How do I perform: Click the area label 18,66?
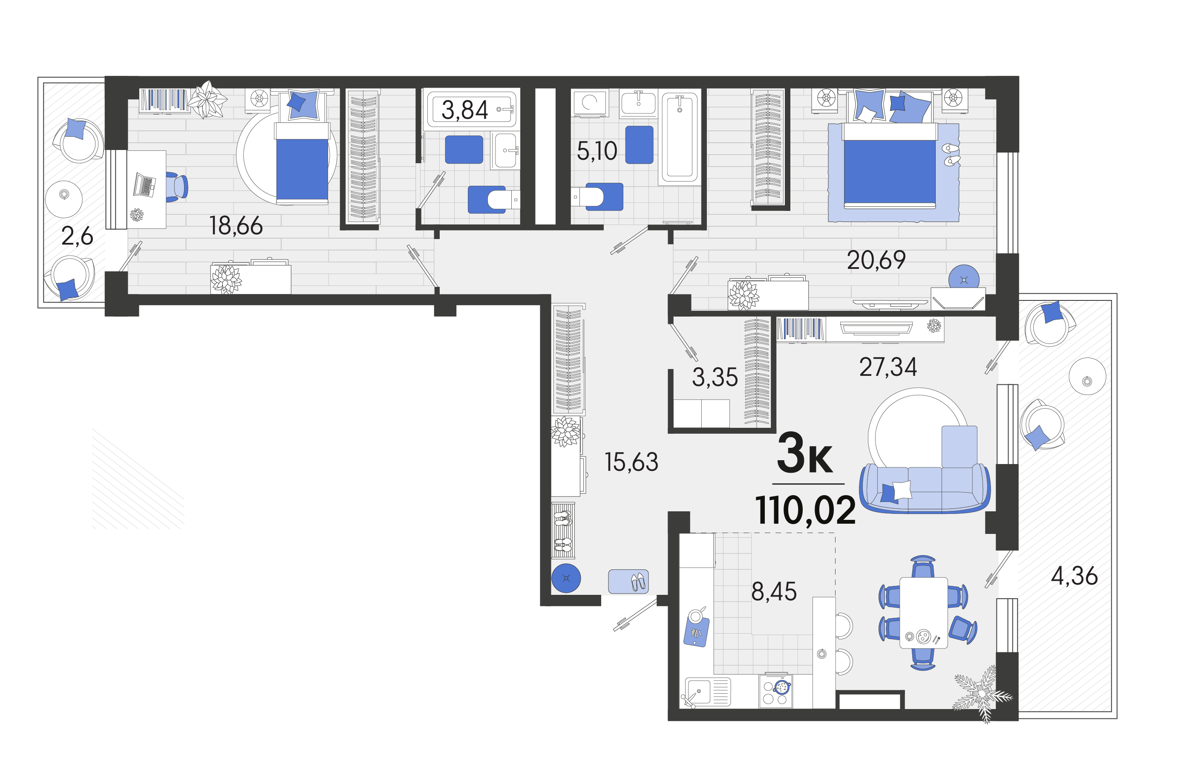tap(236, 225)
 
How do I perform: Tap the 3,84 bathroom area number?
tap(464, 110)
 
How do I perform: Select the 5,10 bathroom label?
tap(596, 150)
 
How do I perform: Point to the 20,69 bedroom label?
tap(876, 260)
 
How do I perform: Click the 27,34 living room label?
tap(888, 367)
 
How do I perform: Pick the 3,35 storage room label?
tap(715, 377)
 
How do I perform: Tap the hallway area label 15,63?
tap(631, 462)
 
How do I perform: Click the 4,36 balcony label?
tap(1074, 576)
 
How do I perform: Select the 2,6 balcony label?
tap(77, 236)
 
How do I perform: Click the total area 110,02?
tap(805, 510)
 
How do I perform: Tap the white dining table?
tap(923, 613)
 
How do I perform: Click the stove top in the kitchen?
tap(775, 691)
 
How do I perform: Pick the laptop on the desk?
tap(144, 186)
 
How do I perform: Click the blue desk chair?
tap(177, 187)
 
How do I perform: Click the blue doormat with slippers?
tap(628, 581)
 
